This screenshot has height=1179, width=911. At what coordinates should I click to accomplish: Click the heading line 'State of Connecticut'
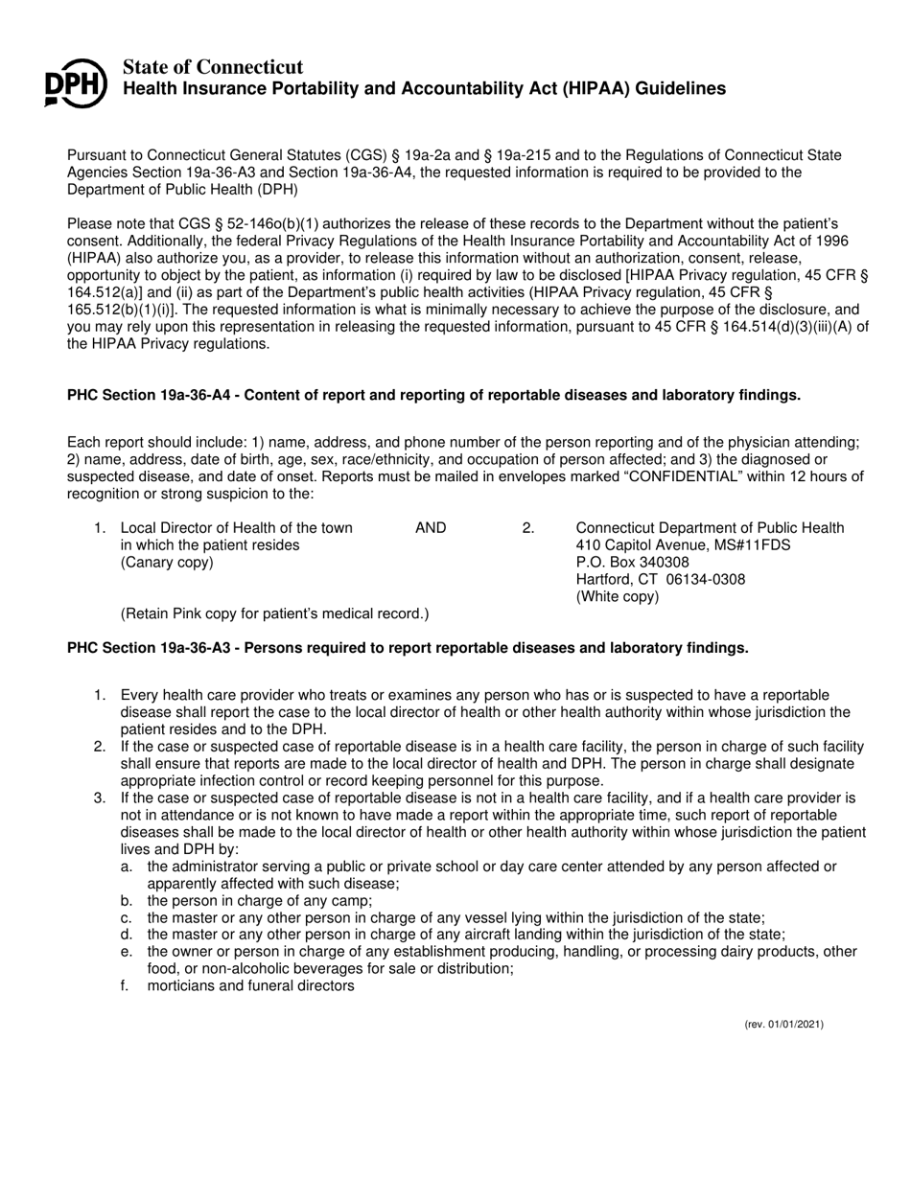pos(213,67)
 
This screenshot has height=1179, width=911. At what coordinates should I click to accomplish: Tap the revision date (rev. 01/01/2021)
pos(783,1025)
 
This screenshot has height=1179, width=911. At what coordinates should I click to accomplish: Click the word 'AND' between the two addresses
pos(431,528)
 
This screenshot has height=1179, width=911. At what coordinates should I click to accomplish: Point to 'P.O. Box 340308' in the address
pos(632,563)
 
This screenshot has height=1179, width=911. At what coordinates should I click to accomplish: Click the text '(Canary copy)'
pos(167,563)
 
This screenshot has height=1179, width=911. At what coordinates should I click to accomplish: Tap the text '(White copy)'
pos(617,597)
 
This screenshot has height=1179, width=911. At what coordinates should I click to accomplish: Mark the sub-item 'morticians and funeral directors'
pos(250,985)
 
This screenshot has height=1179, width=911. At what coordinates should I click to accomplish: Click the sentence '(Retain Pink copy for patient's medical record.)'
pos(274,613)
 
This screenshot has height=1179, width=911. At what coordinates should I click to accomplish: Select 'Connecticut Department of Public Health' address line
pos(710,528)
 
